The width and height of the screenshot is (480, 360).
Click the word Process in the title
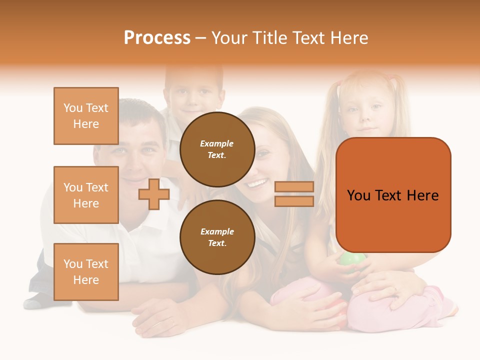[157, 37]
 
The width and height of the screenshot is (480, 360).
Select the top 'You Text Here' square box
[86, 116]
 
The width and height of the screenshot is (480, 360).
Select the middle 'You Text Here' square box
[86, 195]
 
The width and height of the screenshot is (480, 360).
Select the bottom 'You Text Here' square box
[86, 272]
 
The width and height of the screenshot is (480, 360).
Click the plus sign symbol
[154, 194]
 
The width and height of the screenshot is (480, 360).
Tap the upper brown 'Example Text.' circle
[217, 149]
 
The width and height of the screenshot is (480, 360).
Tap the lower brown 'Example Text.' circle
[217, 237]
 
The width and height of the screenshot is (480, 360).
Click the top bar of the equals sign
[294, 187]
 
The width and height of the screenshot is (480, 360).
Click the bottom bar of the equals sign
[294, 201]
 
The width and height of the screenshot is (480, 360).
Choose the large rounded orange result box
[393, 195]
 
